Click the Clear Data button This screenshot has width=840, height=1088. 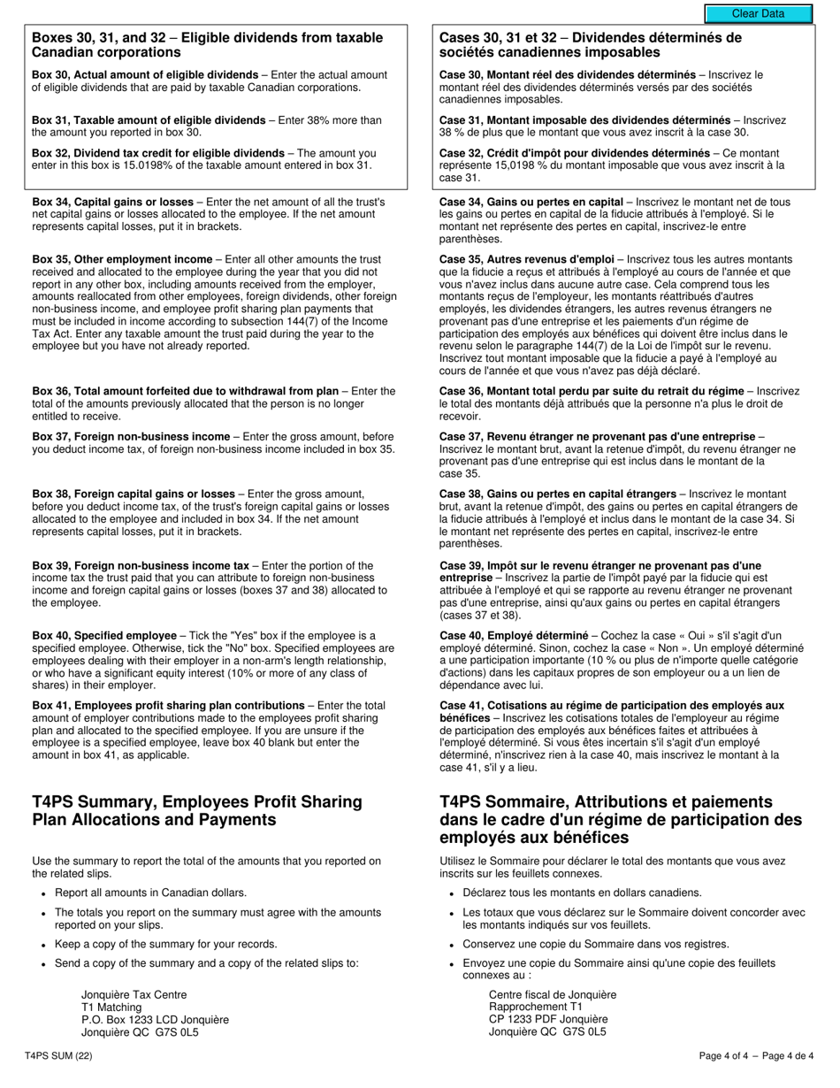pyautogui.click(x=758, y=13)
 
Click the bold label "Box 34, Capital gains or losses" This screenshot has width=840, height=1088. pyautogui.click(x=112, y=202)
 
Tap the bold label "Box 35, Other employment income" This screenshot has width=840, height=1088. pyautogui.click(x=122, y=259)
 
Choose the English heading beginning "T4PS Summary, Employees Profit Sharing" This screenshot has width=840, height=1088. pyautogui.click(x=197, y=810)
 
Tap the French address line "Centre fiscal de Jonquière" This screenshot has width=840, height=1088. pyautogui.click(x=553, y=994)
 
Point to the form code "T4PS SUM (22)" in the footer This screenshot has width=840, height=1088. pyautogui.click(x=58, y=1055)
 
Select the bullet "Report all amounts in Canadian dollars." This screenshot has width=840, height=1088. pyautogui.click(x=151, y=893)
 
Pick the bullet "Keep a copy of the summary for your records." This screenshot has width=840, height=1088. pyautogui.click(x=166, y=944)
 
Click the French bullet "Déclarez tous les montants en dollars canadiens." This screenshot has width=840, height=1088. pyautogui.click(x=582, y=893)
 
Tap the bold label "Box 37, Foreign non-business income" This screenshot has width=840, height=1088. pyautogui.click(x=131, y=436)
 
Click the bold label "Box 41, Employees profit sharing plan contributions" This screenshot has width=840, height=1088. pyautogui.click(x=168, y=705)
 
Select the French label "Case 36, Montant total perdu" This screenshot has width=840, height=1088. pyautogui.click(x=515, y=391)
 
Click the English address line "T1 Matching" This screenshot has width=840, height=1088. pyautogui.click(x=111, y=1007)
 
